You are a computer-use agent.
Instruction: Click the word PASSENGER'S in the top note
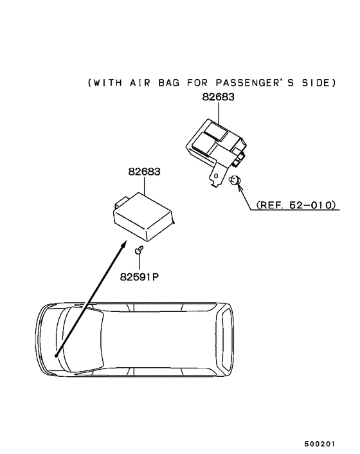[x=255, y=83]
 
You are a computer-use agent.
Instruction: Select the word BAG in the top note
[x=168, y=83]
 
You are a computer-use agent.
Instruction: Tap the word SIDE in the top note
[x=316, y=83]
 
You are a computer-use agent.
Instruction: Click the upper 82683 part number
[x=218, y=96]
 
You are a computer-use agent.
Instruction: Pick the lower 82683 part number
[x=144, y=172]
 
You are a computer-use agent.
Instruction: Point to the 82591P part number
[x=139, y=277]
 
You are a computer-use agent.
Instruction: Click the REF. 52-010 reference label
[x=296, y=205]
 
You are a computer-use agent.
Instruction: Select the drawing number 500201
[x=319, y=444]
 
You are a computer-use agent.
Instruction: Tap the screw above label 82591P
[x=139, y=250]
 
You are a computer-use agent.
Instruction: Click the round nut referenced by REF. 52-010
[x=234, y=181]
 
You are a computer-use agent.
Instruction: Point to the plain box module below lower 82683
[x=143, y=217]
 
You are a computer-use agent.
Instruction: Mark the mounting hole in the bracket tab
[x=216, y=176]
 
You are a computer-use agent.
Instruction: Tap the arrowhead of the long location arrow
[x=123, y=244]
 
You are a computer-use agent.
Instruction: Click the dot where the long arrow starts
[x=56, y=356]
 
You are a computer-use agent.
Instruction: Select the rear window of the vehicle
[x=224, y=340]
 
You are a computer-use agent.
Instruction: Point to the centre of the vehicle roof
[x=159, y=340]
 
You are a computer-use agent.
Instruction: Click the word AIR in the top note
[x=140, y=83]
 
